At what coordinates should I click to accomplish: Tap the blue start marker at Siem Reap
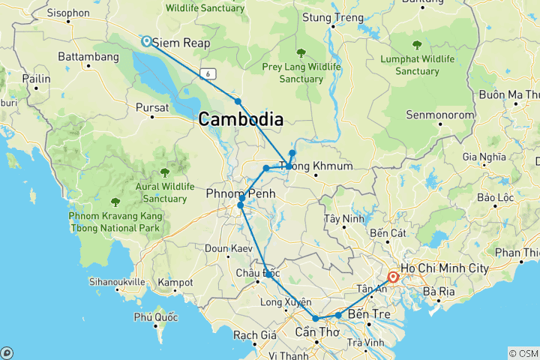click(145, 42)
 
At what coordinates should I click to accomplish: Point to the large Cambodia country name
click(241, 119)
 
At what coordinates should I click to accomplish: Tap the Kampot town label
click(176, 283)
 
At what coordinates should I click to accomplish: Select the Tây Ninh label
click(342, 219)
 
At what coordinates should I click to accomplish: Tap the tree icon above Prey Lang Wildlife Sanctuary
click(301, 52)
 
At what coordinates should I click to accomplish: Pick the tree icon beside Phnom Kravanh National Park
click(115, 202)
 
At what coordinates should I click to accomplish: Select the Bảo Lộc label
click(495, 199)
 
